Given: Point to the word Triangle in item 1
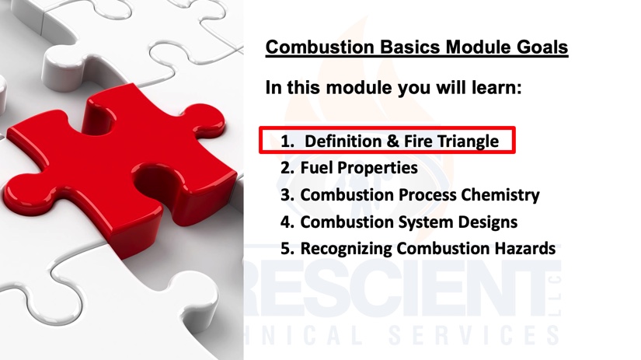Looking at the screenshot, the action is point(468,142).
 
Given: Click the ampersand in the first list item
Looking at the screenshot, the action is point(392,142).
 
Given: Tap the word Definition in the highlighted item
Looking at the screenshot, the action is point(343,142).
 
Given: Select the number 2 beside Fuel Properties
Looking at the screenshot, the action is point(287,168).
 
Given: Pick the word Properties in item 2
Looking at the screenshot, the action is point(378,169).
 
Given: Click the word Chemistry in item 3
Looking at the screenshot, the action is point(500,195).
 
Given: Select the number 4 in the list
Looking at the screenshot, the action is point(287,222).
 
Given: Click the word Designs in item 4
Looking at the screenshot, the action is point(488,222).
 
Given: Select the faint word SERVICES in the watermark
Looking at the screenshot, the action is point(473,335).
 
